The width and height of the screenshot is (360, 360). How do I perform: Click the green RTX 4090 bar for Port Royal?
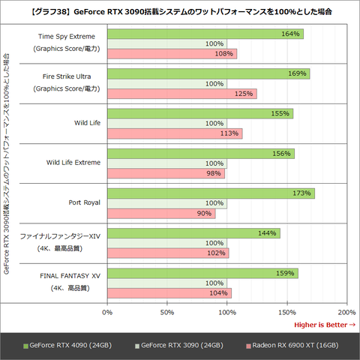[211, 193]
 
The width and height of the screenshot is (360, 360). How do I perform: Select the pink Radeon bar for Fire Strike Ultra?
[182, 94]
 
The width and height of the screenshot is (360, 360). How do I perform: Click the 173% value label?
[301, 193]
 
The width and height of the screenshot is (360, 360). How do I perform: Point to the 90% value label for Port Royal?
[205, 213]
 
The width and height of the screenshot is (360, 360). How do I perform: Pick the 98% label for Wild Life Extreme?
[214, 173]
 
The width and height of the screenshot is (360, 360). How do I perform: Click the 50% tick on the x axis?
[167, 311]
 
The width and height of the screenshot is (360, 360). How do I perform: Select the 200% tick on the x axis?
[346, 311]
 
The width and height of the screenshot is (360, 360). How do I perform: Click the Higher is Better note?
[324, 324]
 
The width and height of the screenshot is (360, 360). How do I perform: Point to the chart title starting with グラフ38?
[180, 13]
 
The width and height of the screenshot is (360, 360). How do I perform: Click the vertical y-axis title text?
[7, 163]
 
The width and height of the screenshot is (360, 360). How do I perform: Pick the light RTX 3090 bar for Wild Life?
[166, 124]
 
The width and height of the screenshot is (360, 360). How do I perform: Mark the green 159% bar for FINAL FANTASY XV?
[202, 273]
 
